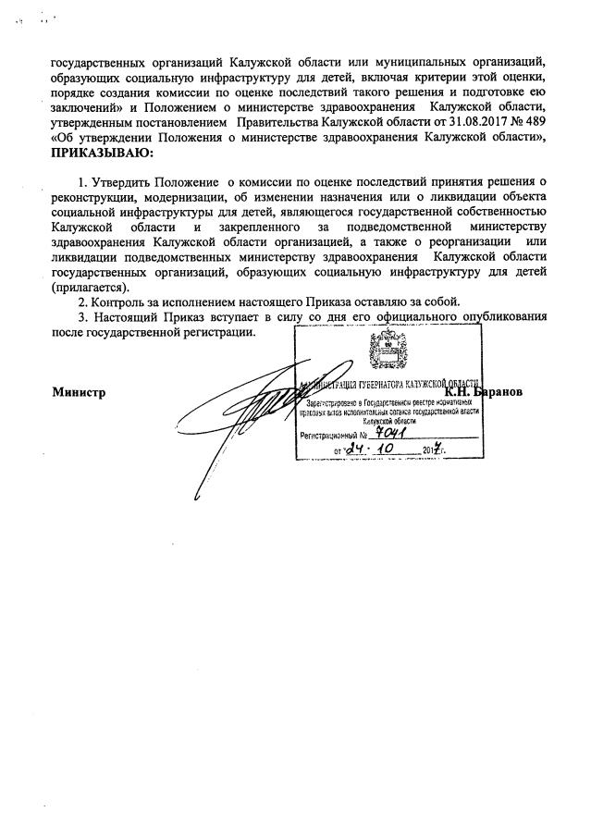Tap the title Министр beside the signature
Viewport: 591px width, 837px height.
[80, 391]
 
